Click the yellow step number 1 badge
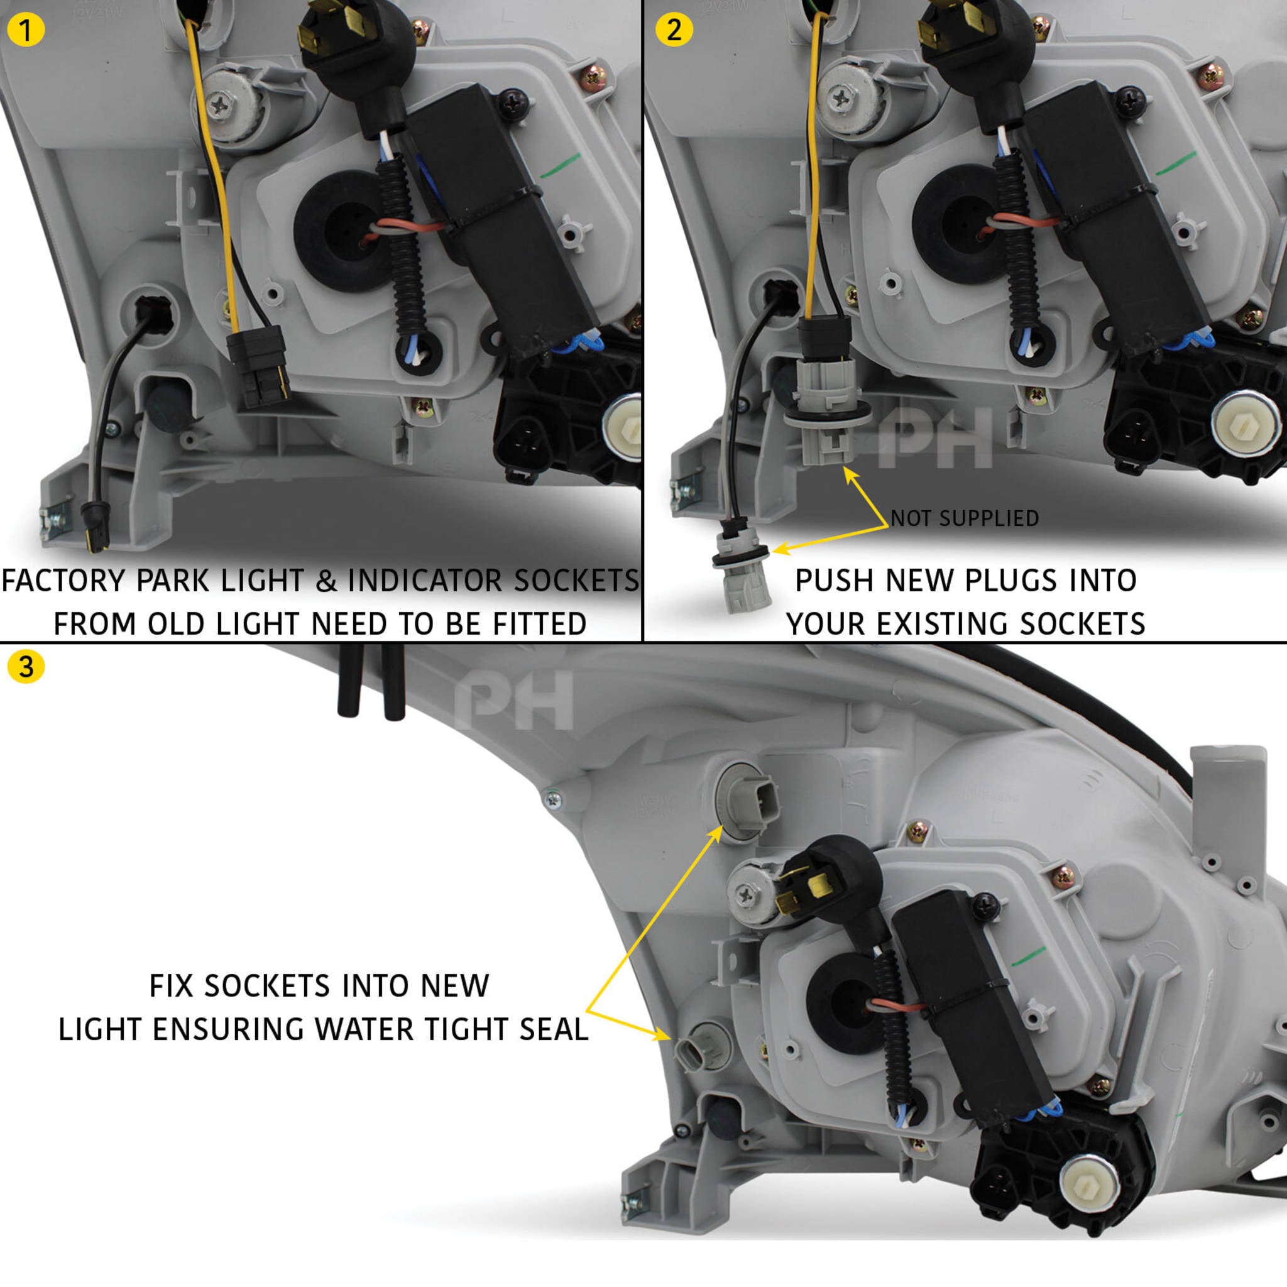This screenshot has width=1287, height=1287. click(25, 30)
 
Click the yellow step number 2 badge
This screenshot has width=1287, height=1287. click(674, 30)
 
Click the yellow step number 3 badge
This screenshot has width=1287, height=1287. click(26, 667)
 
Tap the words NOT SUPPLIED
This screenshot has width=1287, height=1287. click(965, 518)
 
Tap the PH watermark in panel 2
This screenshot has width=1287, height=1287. click(935, 437)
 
